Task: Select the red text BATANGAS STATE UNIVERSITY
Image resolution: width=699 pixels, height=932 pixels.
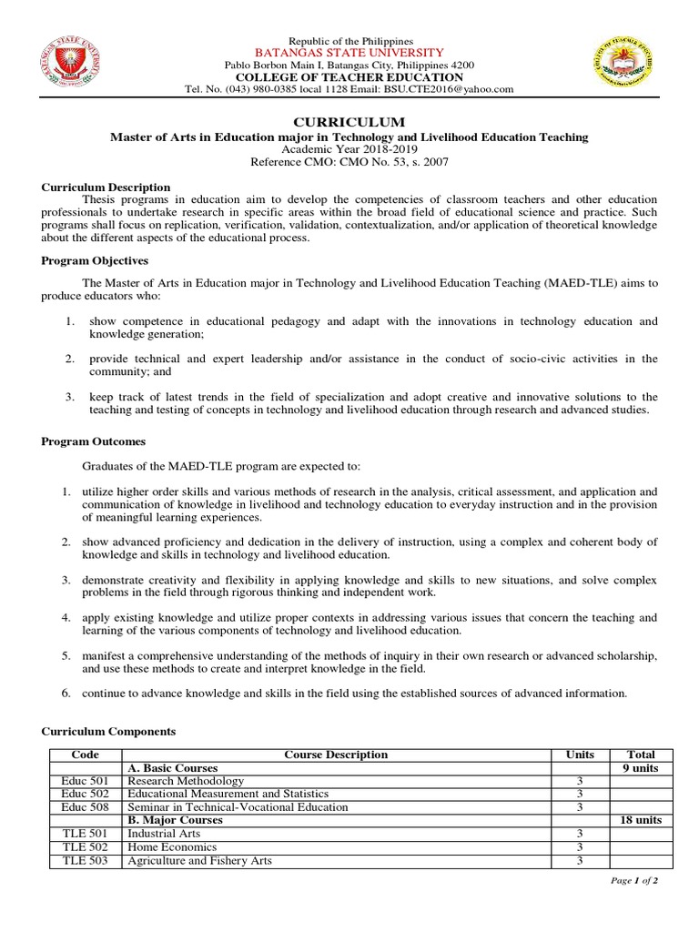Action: [350, 54]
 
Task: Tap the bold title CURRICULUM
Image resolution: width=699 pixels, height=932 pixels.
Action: [349, 122]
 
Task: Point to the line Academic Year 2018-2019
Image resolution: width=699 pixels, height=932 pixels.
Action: [349, 148]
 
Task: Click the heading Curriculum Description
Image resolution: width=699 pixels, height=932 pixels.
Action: [106, 187]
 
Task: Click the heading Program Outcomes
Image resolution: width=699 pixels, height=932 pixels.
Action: [94, 441]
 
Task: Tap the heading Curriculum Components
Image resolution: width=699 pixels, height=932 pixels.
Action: [108, 731]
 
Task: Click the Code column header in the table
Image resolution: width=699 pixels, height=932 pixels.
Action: [85, 755]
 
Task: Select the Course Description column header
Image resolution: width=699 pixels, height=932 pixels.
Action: [336, 755]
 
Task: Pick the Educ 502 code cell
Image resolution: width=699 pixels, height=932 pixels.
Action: [85, 794]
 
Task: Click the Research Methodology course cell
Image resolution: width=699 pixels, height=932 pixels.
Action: [186, 781]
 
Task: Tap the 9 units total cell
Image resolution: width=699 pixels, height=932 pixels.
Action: [641, 768]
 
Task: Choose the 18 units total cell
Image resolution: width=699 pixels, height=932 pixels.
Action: [641, 820]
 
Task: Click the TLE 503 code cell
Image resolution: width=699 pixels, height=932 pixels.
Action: [85, 860]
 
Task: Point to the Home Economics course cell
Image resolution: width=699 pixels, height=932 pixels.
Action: [167, 846]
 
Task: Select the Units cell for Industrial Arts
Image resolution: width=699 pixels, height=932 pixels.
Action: [579, 834]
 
